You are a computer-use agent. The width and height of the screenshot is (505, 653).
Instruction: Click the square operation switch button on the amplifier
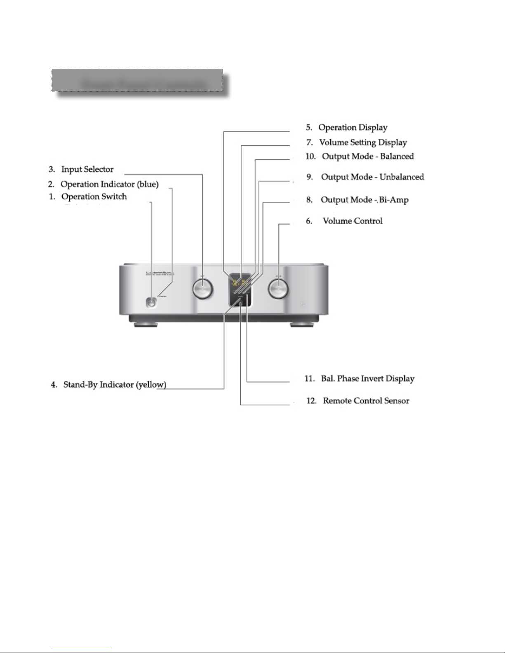151,302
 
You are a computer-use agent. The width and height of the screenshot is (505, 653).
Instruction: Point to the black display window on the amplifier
240,290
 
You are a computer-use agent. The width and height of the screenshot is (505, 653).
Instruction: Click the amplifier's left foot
146,325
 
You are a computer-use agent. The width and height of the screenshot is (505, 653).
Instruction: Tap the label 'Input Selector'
87,169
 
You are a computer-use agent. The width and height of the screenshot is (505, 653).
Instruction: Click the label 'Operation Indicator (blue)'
109,184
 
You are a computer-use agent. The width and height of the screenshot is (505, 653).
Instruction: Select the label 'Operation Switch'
94,197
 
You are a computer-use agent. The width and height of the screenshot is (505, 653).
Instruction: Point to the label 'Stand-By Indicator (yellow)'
115,385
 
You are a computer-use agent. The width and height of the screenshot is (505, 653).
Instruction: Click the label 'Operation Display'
352,128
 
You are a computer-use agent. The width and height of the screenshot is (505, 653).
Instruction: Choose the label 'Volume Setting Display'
363,143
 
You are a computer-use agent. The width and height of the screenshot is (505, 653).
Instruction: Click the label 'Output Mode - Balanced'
368,157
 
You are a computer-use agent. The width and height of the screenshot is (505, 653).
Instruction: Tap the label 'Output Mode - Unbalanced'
372,177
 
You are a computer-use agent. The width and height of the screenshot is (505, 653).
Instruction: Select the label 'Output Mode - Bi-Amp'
364,200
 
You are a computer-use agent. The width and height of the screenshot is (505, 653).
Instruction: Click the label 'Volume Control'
352,221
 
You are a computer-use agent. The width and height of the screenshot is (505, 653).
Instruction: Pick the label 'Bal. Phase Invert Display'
367,379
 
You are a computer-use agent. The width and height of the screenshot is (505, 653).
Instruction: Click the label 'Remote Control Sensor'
366,401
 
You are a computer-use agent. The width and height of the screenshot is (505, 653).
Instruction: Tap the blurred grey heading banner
137,80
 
